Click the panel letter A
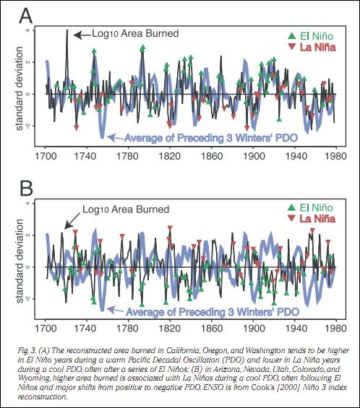(x=26, y=16)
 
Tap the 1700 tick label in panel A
(x=46, y=156)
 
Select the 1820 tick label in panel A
(x=170, y=156)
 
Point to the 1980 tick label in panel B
(x=335, y=328)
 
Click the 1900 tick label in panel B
(x=253, y=328)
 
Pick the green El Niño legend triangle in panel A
(x=292, y=36)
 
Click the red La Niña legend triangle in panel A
(x=292, y=47)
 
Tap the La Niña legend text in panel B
(x=317, y=219)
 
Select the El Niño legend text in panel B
(x=316, y=207)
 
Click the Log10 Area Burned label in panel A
(x=135, y=34)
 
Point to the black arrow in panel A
(x=82, y=35)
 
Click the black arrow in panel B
(x=72, y=221)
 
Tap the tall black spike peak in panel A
(x=67, y=30)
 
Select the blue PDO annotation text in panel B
(x=213, y=312)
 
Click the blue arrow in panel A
(x=116, y=137)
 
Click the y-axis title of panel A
(x=19, y=89)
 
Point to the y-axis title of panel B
(x=19, y=261)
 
